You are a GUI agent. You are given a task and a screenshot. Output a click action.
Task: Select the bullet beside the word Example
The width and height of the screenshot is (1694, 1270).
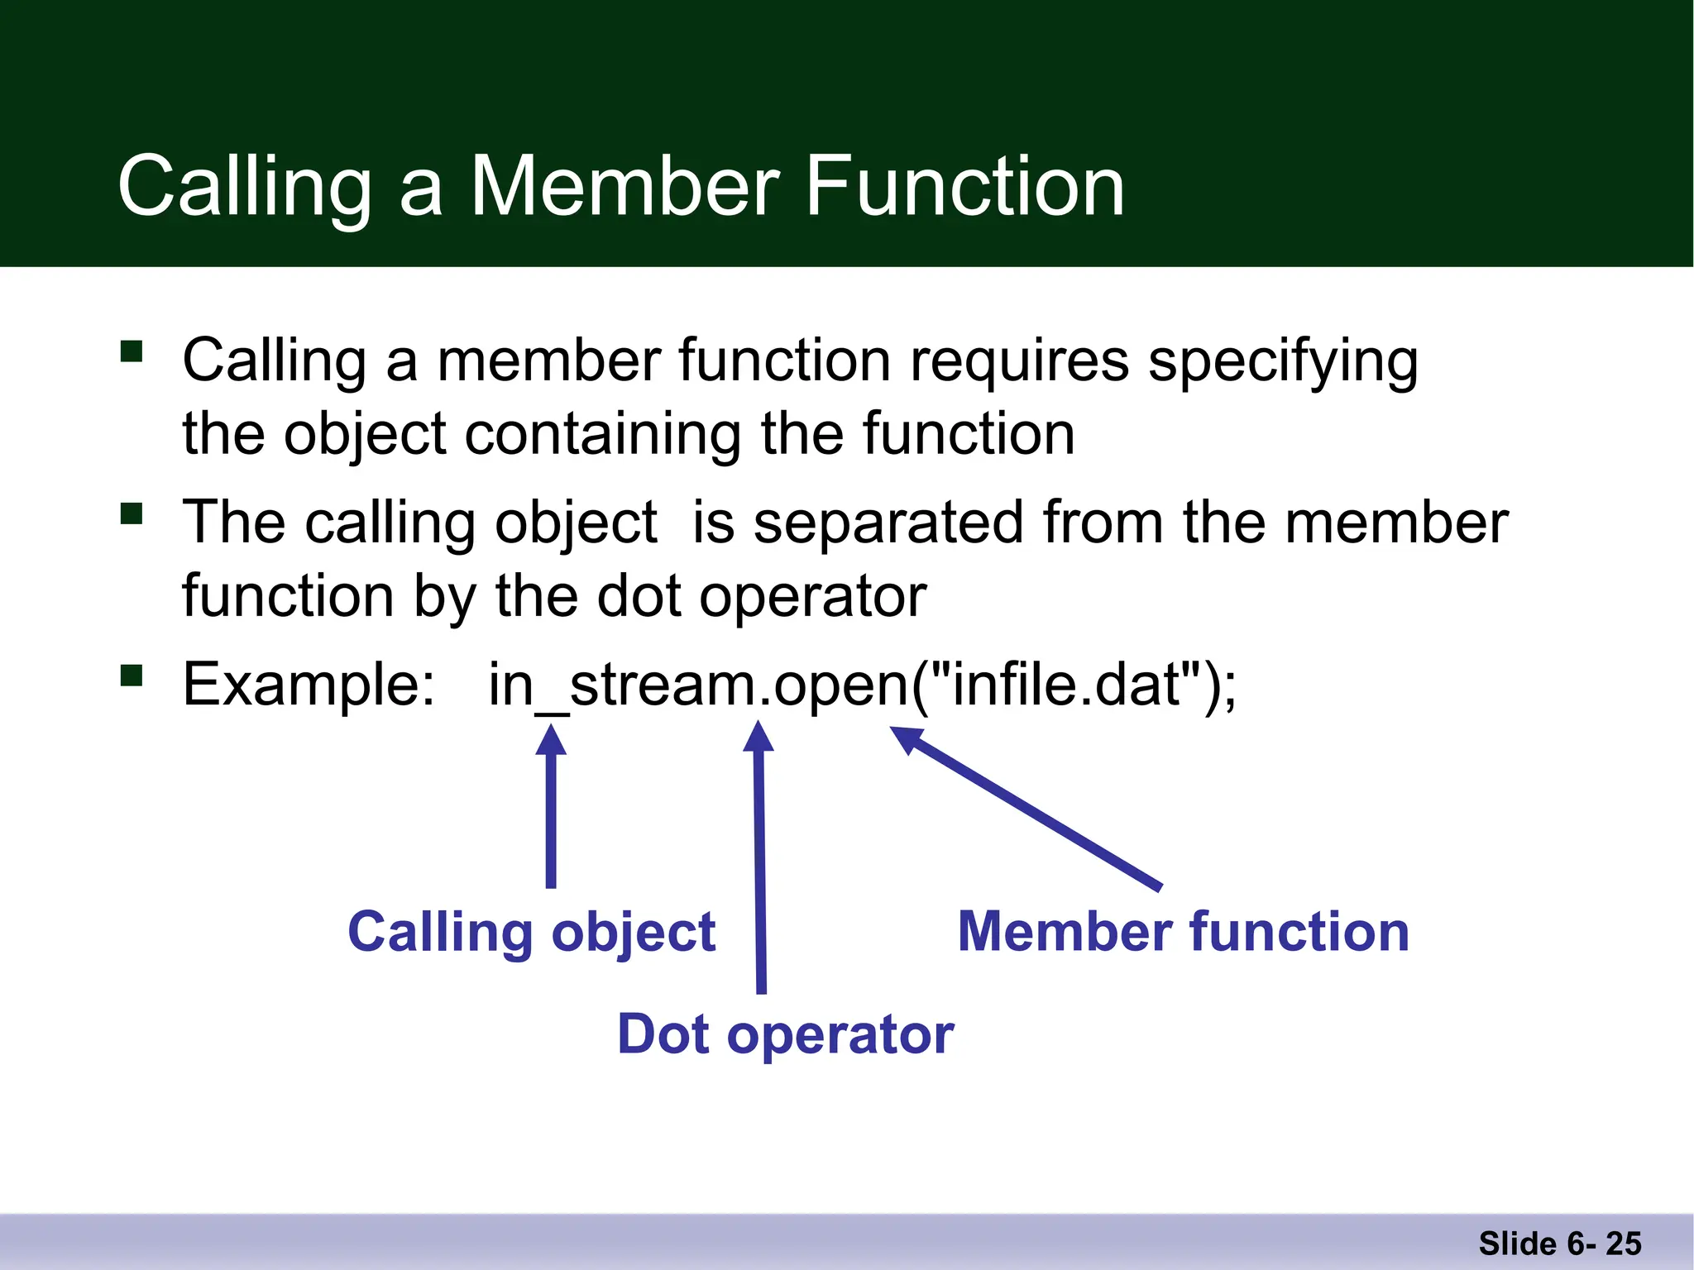[132, 676]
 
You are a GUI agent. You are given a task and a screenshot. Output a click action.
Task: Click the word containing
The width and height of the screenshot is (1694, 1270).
[602, 434]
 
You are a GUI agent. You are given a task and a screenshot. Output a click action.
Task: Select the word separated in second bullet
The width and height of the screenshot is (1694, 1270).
[888, 523]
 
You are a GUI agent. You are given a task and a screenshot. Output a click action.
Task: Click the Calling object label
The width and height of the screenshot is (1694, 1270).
[531, 933]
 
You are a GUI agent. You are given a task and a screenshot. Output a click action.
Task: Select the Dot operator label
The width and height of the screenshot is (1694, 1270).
[785, 1034]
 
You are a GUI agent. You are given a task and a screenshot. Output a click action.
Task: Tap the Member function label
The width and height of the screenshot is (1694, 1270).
[1183, 932]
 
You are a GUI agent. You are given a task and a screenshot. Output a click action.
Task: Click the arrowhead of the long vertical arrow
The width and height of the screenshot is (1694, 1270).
[758, 736]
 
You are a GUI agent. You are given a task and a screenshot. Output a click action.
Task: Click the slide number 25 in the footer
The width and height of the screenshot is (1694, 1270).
[1623, 1244]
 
